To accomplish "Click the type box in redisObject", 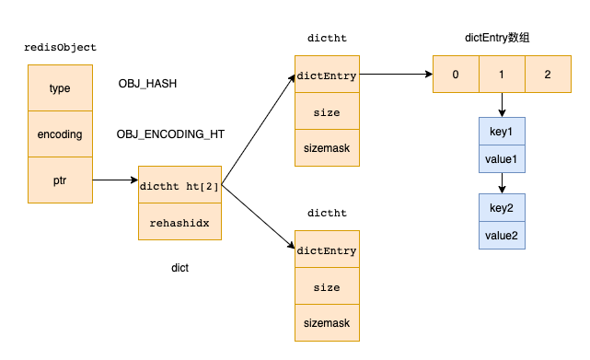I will click(x=60, y=88).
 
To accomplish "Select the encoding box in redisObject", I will click(x=60, y=134).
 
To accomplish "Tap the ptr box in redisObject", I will click(x=60, y=180).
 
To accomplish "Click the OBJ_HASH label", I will click(x=147, y=84).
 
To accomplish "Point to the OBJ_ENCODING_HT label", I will click(x=170, y=134).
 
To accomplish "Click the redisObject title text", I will click(x=60, y=47).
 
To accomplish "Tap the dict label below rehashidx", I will click(x=180, y=268).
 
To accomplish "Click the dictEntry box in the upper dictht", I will click(x=327, y=75).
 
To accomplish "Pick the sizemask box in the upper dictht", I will click(x=327, y=147).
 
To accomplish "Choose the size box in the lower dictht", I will click(x=327, y=286).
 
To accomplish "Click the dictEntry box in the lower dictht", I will click(x=327, y=250).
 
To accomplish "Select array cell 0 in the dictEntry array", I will click(x=456, y=75).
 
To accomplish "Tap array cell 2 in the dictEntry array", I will click(x=548, y=75).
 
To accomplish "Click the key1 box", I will click(x=502, y=132).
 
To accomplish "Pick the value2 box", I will click(x=502, y=235).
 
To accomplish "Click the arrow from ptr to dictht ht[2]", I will click(x=115, y=180).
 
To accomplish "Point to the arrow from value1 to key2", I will click(x=502, y=183).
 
